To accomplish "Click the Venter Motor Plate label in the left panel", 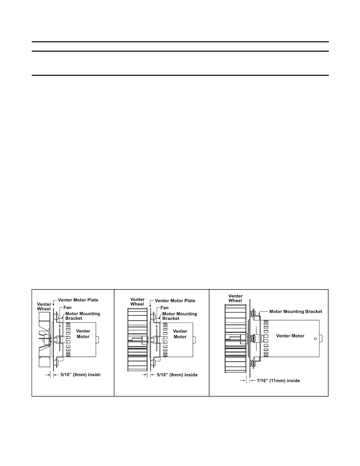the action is tap(78, 300).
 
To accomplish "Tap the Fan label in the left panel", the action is tap(67, 308).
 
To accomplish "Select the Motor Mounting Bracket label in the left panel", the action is tap(82, 316).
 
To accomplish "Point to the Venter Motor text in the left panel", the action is tap(83, 334).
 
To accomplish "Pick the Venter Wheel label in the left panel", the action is tap(44, 307).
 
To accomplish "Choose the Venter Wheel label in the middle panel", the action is tap(137, 302).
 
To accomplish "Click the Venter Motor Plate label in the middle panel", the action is tap(175, 301).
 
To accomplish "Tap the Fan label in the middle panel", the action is tap(164, 308).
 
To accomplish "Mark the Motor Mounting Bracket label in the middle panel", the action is tap(179, 316).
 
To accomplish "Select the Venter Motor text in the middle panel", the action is tap(180, 334).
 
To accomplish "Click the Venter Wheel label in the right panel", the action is tap(235, 298).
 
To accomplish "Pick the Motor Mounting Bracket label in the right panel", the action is tap(296, 311).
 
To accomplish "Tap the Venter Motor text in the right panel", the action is tap(290, 336).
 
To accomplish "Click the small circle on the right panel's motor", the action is tap(315, 339).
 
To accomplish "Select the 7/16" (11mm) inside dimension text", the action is tap(278, 381).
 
